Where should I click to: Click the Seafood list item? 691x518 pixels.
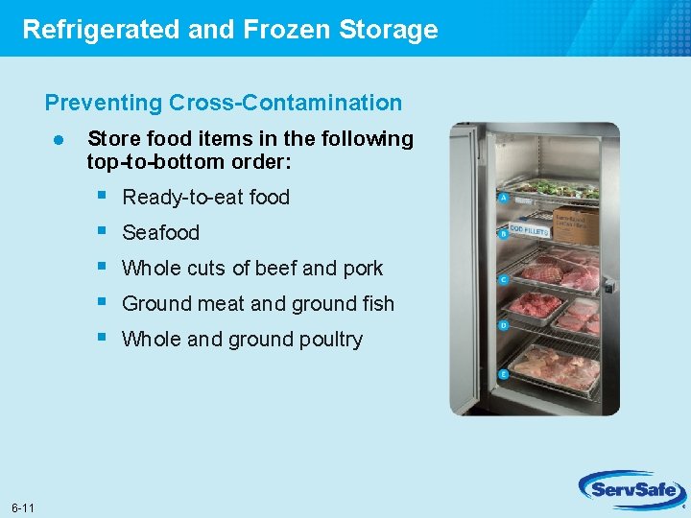[x=161, y=233]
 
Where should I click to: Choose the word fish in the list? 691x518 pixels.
[x=375, y=304]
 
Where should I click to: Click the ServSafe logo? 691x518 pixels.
[x=630, y=491]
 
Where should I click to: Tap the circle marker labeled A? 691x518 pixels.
[x=504, y=199]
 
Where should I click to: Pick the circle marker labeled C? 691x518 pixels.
[x=504, y=280]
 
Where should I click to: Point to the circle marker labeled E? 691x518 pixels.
[x=504, y=374]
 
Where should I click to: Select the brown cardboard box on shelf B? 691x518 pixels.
[x=575, y=225]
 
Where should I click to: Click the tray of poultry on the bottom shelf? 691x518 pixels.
[x=555, y=365]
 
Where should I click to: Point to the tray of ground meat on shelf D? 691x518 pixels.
[x=536, y=306]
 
